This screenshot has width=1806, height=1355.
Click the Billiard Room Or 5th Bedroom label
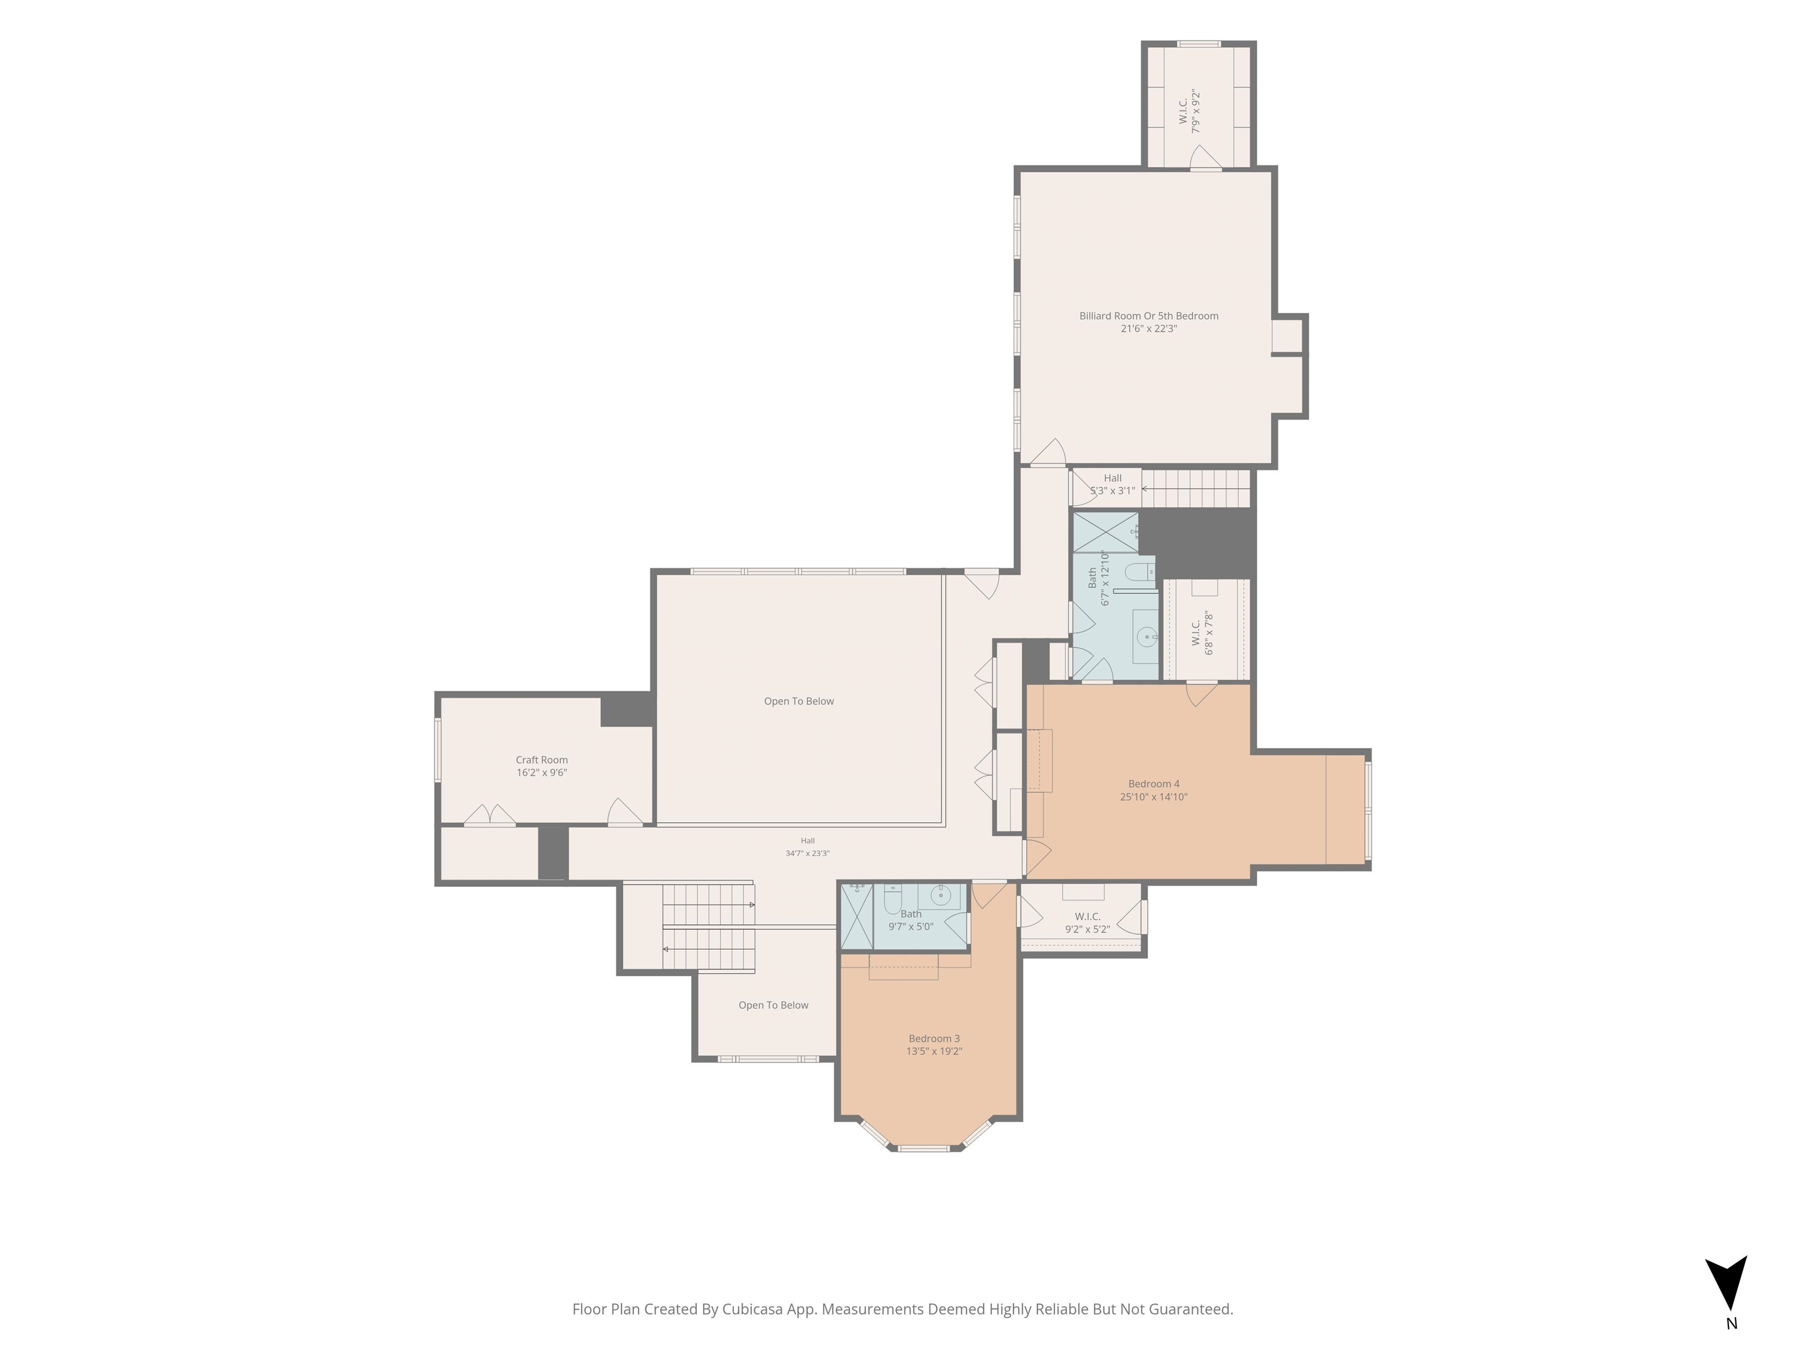[1149, 316]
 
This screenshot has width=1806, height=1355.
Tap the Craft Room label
[541, 760]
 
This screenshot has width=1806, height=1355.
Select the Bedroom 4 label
[1153, 784]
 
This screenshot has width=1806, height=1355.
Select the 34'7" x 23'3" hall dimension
[808, 853]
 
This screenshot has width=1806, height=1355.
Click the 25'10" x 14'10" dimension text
[1153, 797]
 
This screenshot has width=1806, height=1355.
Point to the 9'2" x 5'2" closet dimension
[1088, 929]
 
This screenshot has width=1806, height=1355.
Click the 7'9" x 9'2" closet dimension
[1197, 111]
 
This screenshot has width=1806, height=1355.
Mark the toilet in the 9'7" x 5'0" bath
[892, 899]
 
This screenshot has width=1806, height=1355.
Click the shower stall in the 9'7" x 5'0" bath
[857, 916]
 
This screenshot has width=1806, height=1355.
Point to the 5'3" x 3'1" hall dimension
[1113, 491]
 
